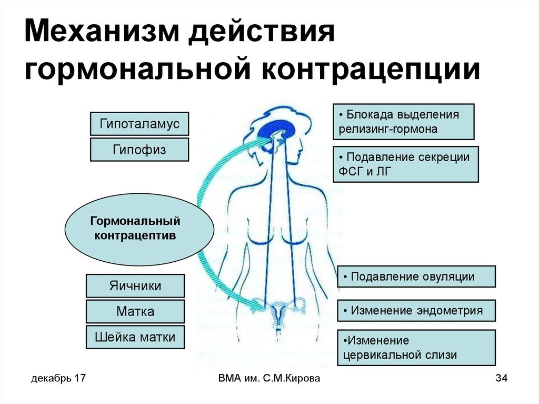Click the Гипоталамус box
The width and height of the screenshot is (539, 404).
[x=139, y=124]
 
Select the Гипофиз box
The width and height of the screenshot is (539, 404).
[x=139, y=150]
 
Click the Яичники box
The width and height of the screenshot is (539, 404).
[x=135, y=286]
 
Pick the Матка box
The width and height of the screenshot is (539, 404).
[x=135, y=311]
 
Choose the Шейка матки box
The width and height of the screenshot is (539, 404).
[x=135, y=337]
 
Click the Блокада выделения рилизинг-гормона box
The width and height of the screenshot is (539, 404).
[x=403, y=122]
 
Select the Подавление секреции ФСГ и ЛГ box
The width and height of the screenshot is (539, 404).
[x=405, y=164]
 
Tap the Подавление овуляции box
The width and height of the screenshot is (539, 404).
[x=416, y=277]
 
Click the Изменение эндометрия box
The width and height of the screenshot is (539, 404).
[x=416, y=310]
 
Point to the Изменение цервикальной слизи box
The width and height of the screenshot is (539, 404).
[x=416, y=348]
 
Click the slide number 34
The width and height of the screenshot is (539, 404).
[x=502, y=379]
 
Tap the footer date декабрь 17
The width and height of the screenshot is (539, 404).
[x=58, y=379]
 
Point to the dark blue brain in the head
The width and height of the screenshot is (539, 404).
[x=279, y=130]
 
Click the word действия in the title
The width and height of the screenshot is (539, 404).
[x=262, y=35]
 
